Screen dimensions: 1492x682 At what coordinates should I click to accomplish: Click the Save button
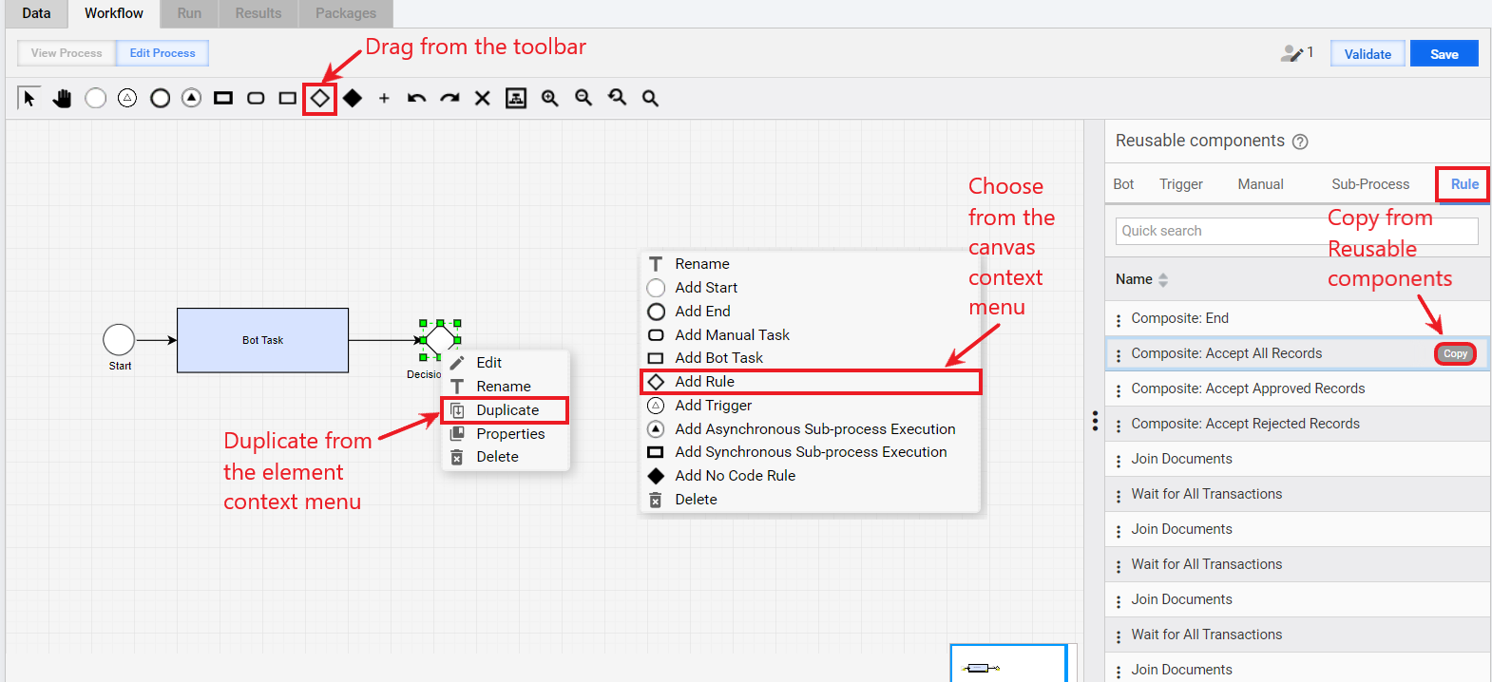pyautogui.click(x=1444, y=54)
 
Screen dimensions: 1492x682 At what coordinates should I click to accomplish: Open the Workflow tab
pyautogui.click(x=113, y=13)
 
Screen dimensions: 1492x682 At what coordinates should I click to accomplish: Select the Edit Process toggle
pyautogui.click(x=162, y=53)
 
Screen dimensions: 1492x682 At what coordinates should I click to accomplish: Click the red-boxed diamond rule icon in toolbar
pyautogui.click(x=319, y=99)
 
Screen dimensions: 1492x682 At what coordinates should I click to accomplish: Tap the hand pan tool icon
pyautogui.click(x=62, y=99)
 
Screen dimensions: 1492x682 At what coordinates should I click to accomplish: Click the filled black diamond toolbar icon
pyautogui.click(x=353, y=99)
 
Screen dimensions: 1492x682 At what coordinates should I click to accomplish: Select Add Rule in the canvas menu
pyautogui.click(x=811, y=382)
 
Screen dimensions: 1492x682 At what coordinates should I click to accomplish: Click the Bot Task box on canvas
pyautogui.click(x=262, y=340)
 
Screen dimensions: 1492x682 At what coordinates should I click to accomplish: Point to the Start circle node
pyautogui.click(x=119, y=340)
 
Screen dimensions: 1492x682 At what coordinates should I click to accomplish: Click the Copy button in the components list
pyautogui.click(x=1455, y=353)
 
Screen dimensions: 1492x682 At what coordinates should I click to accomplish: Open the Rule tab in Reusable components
pyautogui.click(x=1464, y=184)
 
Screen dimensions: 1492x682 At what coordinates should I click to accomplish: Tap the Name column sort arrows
pyautogui.click(x=1163, y=279)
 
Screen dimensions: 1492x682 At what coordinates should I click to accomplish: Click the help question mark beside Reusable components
pyautogui.click(x=1300, y=142)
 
